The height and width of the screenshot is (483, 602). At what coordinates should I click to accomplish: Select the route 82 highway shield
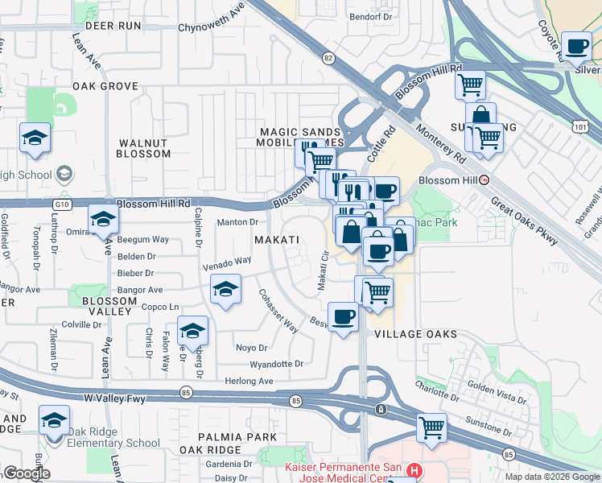(x=328, y=58)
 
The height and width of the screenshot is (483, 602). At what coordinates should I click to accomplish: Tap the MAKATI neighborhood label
(x=277, y=241)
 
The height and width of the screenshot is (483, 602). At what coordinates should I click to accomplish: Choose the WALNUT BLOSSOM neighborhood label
(x=144, y=148)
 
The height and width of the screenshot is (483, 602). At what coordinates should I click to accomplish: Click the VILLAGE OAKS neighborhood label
(x=415, y=334)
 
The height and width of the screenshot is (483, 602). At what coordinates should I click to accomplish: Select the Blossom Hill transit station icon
(x=484, y=180)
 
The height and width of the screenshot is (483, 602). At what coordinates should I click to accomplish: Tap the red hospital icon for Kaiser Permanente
(x=414, y=469)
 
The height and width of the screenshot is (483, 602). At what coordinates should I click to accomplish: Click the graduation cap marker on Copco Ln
(x=226, y=289)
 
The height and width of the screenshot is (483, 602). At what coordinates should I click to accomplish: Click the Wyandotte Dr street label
(x=276, y=364)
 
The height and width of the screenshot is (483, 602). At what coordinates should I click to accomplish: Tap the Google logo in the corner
(x=27, y=473)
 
